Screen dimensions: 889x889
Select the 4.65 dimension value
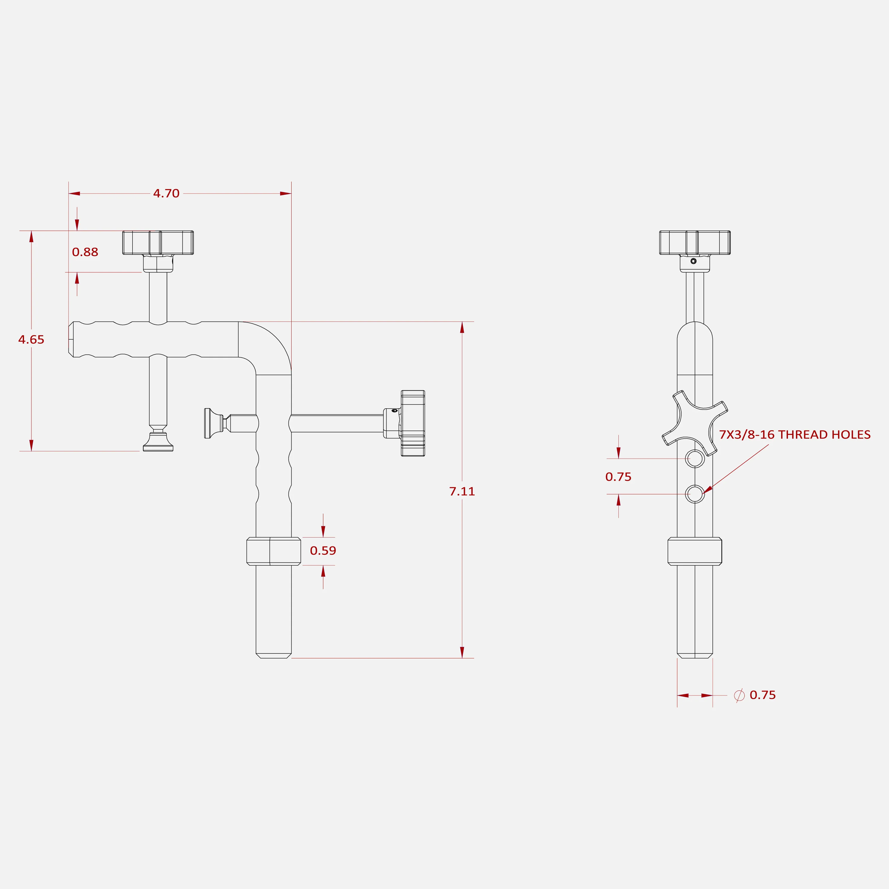click(x=31, y=340)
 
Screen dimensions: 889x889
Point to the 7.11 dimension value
click(x=462, y=491)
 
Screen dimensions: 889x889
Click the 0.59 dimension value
click(x=323, y=550)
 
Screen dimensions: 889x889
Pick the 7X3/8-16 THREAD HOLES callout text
click(x=795, y=434)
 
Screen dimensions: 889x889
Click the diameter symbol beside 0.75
click(x=739, y=695)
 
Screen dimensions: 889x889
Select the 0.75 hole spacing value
click(x=618, y=477)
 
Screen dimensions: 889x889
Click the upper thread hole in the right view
click(x=695, y=458)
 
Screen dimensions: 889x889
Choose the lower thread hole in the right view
click(x=695, y=494)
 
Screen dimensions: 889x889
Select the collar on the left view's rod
click(x=274, y=551)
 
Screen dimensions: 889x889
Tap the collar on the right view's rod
click(x=695, y=551)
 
